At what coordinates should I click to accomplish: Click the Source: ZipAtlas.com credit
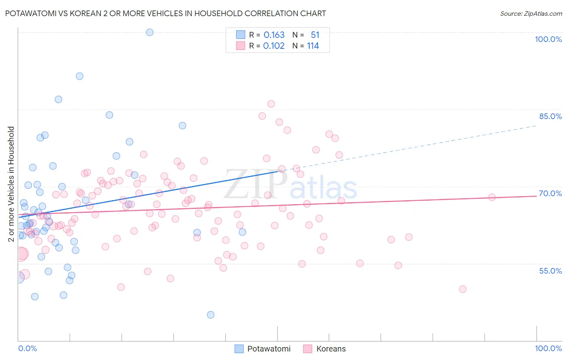(x=531, y=13)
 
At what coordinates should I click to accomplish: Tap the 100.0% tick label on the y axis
(x=548, y=39)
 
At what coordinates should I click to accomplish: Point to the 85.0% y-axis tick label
(x=550, y=116)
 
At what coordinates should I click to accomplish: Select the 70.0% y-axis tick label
(x=550, y=193)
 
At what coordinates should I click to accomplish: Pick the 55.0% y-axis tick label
(x=550, y=271)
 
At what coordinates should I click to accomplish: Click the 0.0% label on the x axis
(x=27, y=348)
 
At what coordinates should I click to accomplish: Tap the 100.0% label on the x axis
(x=548, y=348)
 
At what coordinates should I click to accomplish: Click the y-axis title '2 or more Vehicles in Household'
(x=11, y=184)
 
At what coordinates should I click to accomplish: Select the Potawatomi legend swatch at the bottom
(x=239, y=349)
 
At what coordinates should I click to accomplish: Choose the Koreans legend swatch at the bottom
(x=308, y=349)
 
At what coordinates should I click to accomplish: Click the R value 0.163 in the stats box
(x=274, y=35)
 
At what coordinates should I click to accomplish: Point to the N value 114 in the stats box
(x=313, y=46)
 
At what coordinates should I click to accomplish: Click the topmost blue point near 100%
(x=150, y=32)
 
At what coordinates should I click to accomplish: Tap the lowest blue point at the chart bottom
(x=211, y=315)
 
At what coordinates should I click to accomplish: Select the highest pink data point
(x=271, y=104)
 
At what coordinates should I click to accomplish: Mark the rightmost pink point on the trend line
(x=492, y=197)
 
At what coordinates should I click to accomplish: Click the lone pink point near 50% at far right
(x=463, y=289)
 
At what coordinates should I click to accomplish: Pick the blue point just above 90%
(x=79, y=76)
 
